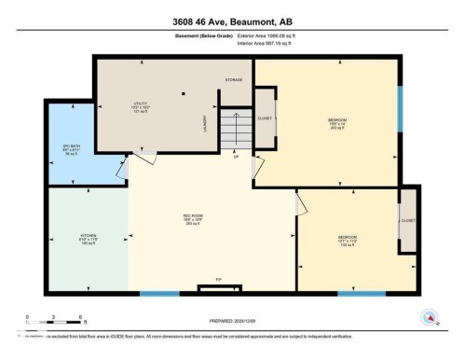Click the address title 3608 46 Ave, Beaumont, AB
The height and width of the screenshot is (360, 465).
pos(232,19)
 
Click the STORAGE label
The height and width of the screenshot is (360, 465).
pos(234,80)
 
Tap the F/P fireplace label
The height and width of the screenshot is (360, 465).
pos(218,279)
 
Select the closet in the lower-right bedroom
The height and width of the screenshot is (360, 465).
pos(407,221)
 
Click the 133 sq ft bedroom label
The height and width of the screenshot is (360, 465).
pos(347,239)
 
